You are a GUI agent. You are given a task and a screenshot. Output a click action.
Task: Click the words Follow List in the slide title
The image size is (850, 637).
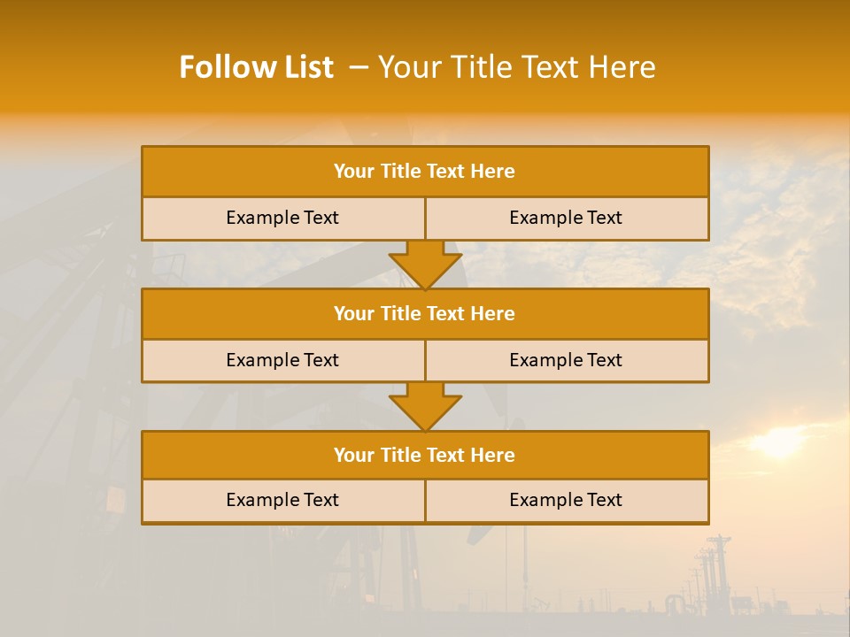256,67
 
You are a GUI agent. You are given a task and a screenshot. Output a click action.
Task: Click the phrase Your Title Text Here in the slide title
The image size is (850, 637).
517,67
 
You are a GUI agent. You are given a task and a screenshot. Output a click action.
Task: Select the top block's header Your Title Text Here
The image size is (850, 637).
424,172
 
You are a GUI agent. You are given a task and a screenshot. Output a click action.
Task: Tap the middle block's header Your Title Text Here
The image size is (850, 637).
424,313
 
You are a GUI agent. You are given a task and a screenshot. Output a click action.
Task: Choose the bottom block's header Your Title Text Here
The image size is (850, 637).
424,455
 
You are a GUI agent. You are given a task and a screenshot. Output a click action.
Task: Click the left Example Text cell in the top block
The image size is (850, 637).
282,218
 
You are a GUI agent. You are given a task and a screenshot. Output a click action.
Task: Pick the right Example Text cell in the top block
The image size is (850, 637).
566,218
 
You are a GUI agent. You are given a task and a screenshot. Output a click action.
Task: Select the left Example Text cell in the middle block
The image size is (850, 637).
282,360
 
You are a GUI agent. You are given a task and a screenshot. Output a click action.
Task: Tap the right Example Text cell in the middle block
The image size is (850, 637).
566,360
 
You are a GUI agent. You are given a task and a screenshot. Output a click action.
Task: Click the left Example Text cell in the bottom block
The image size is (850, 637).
282,500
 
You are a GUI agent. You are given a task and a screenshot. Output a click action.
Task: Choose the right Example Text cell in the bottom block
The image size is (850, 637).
566,500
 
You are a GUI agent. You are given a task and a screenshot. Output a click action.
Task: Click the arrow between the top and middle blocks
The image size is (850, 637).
425,265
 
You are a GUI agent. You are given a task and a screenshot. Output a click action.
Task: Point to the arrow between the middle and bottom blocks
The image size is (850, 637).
425,406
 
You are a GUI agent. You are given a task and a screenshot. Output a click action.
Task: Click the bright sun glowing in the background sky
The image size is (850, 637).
779,441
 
